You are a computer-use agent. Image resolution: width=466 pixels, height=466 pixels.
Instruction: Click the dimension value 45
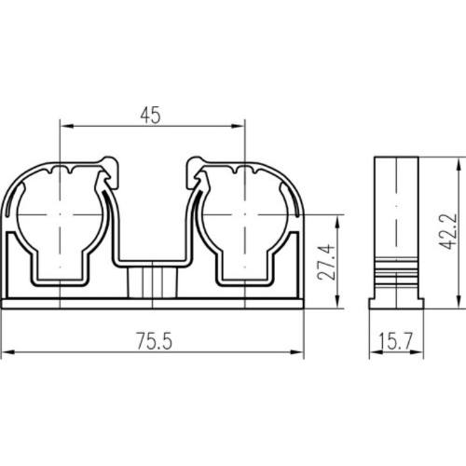(152, 116)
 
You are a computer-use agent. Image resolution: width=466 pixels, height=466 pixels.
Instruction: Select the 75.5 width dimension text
(153, 341)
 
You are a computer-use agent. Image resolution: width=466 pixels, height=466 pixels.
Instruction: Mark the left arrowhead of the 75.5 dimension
(7, 353)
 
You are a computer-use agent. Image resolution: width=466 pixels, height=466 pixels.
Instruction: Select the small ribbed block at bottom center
(152, 282)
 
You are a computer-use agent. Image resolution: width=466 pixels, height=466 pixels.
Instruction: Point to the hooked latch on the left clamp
(110, 172)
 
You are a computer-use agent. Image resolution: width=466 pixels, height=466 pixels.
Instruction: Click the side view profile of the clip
(397, 233)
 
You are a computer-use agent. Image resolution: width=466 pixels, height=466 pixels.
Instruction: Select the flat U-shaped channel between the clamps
(152, 256)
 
